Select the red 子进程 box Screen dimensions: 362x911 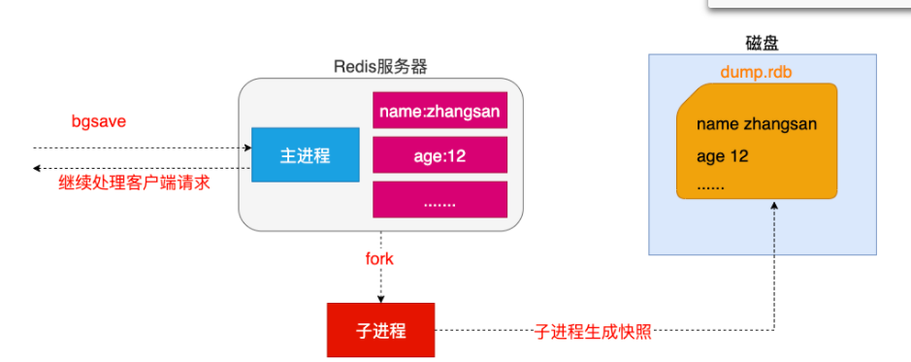pyautogui.click(x=381, y=331)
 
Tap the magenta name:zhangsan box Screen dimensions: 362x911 pyautogui.click(x=439, y=111)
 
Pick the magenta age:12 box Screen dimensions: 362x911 pyautogui.click(x=439, y=154)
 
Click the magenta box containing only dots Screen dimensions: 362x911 pyautogui.click(x=439, y=199)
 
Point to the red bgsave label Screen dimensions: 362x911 pyautogui.click(x=99, y=122)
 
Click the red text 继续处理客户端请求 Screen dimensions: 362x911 pyautogui.click(x=134, y=182)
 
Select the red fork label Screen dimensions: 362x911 pyautogui.click(x=379, y=259)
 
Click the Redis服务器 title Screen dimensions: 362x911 pyautogui.click(x=380, y=67)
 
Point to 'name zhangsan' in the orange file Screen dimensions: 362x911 pyautogui.click(x=756, y=124)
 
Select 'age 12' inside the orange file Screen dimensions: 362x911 pyautogui.click(x=722, y=156)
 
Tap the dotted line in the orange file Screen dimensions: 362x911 pyautogui.click(x=710, y=183)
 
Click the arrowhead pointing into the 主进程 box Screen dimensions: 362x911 pyautogui.click(x=246, y=148)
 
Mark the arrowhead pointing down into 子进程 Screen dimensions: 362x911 pyautogui.click(x=380, y=298)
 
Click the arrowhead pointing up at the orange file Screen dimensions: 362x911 pyautogui.click(x=773, y=206)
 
